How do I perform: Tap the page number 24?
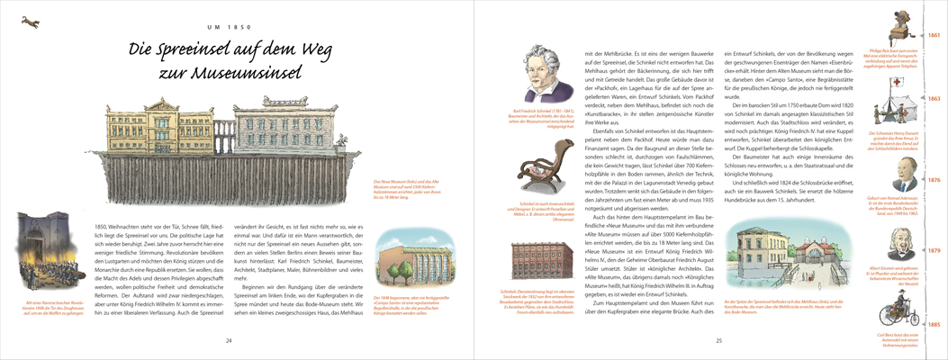click(x=229, y=340)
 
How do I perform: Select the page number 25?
click(x=718, y=340)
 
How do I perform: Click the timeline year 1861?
click(x=934, y=35)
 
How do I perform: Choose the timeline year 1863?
click(x=934, y=99)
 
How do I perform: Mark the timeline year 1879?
click(x=934, y=250)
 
